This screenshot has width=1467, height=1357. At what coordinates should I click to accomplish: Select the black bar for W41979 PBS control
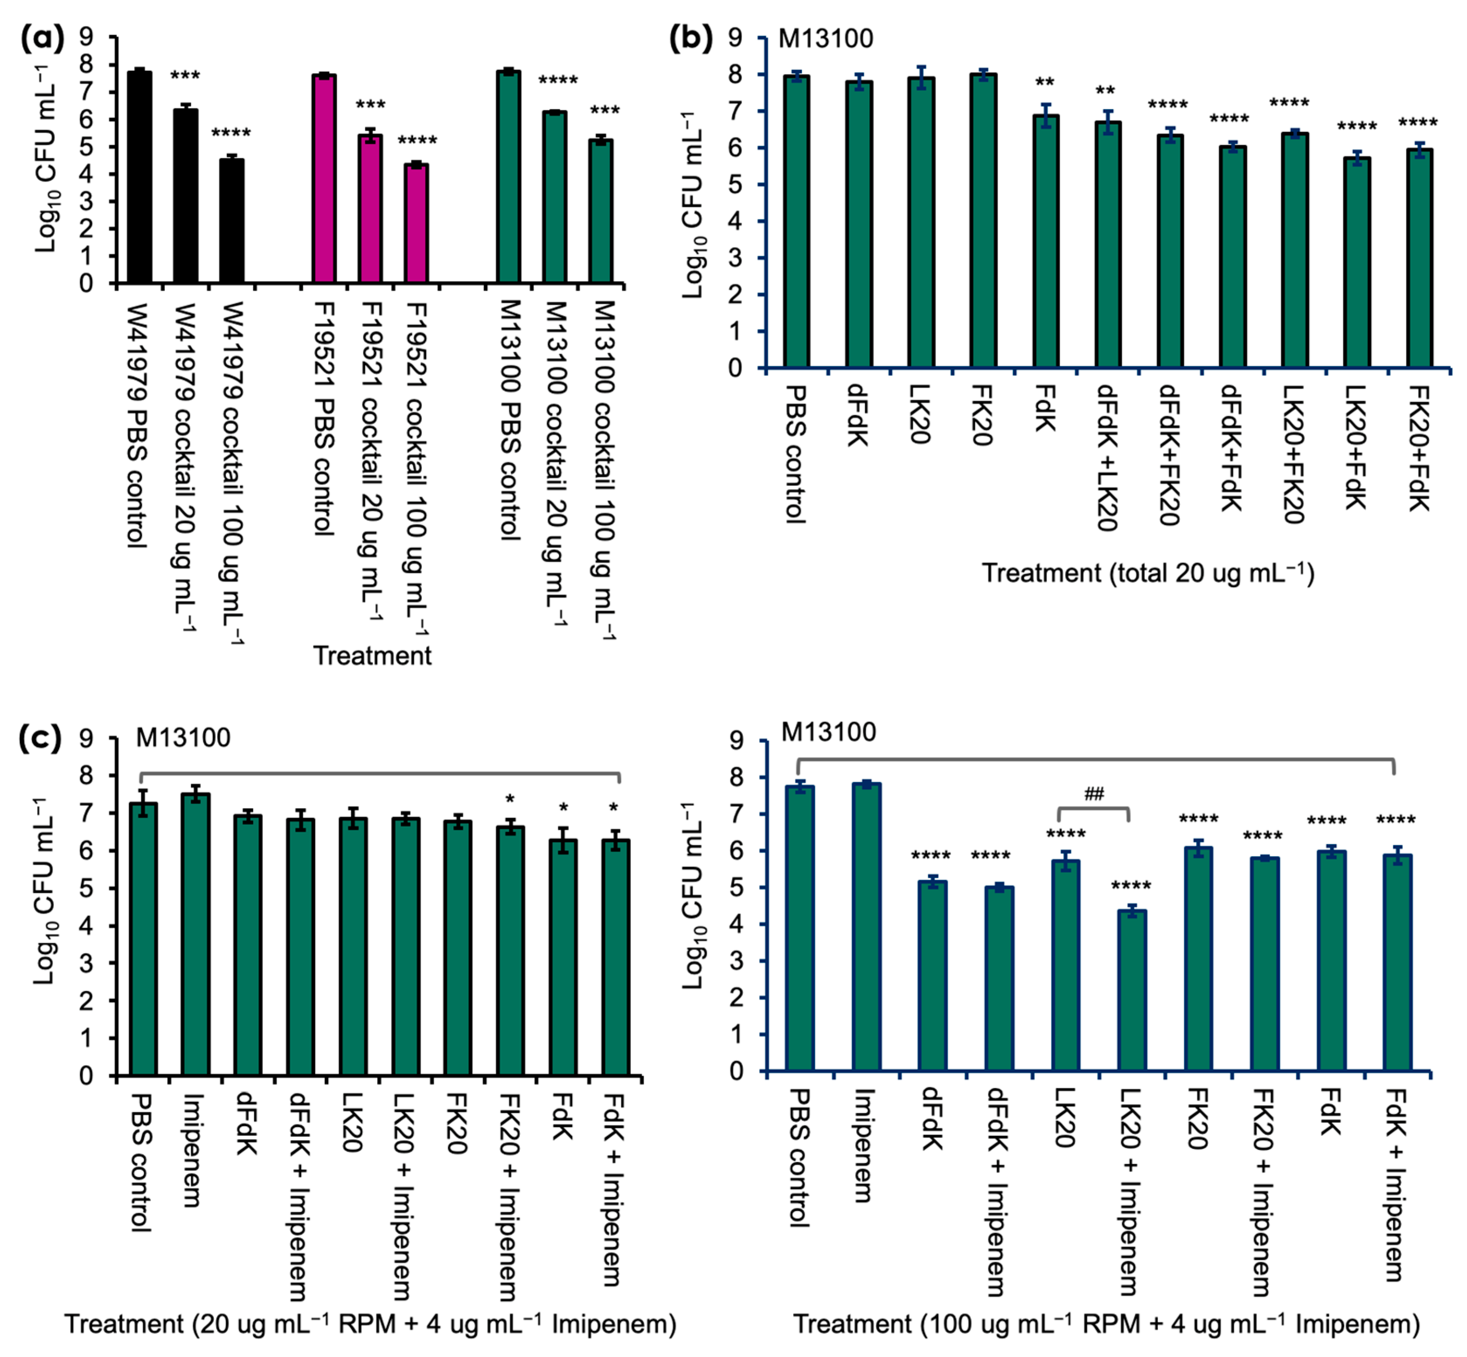[139, 176]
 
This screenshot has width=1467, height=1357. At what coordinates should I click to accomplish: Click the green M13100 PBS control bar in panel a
[509, 176]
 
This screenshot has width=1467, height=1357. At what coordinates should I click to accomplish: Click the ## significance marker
[1094, 794]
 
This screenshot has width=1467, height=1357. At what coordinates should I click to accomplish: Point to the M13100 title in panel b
[825, 38]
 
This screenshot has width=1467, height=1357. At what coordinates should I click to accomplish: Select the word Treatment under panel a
[372, 655]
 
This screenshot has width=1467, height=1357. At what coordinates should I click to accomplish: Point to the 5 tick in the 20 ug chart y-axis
[87, 888]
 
